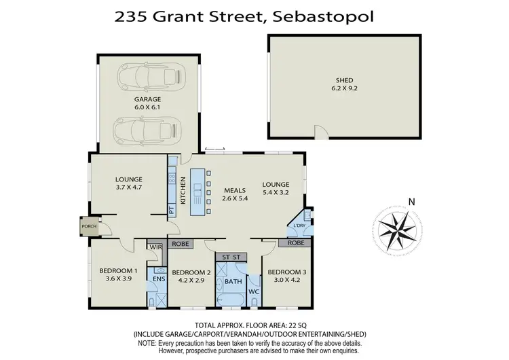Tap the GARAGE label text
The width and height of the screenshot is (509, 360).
coord(147,99)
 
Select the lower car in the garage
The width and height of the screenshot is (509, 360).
coord(149,128)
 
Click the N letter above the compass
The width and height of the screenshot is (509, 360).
coord(411,201)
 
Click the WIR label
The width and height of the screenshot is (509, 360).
coord(155,247)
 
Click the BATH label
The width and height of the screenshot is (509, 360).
coord(233,281)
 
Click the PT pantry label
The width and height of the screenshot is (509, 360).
coord(172,210)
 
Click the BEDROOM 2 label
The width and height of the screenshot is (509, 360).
coord(195,272)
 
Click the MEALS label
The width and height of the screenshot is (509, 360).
coord(226,191)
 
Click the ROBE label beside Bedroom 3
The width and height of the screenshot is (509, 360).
coord(295,242)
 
